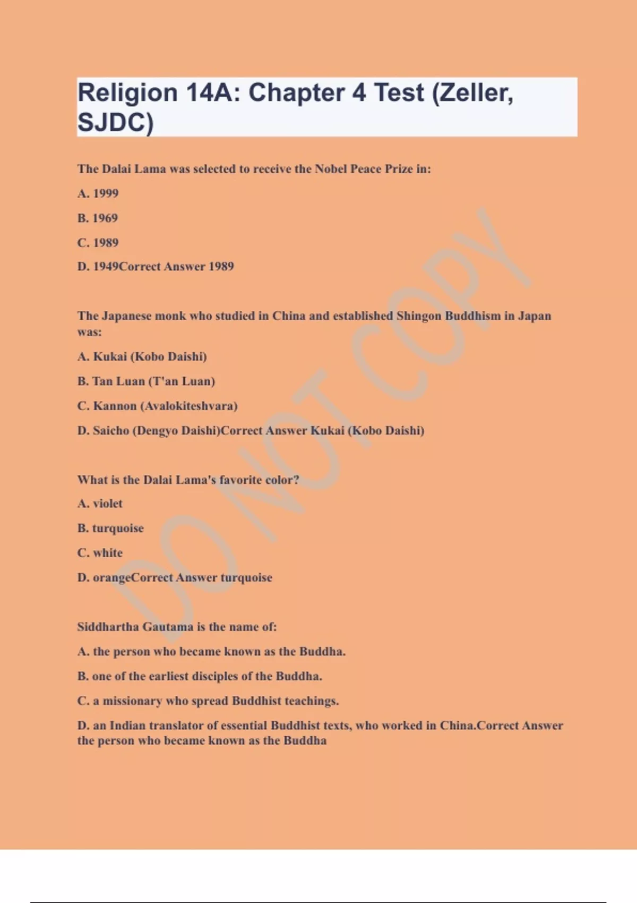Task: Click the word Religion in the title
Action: point(127,93)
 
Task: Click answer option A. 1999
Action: point(98,193)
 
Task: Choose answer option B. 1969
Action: point(98,218)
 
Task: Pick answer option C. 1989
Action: point(98,243)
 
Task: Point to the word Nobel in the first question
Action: point(331,169)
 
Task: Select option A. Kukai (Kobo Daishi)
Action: point(142,356)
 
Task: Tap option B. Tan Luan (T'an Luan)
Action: point(146,381)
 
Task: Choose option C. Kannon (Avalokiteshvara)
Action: point(158,406)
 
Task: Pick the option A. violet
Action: point(100,504)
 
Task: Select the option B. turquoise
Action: point(111,528)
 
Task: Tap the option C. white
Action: point(100,553)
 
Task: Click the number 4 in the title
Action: point(359,93)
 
